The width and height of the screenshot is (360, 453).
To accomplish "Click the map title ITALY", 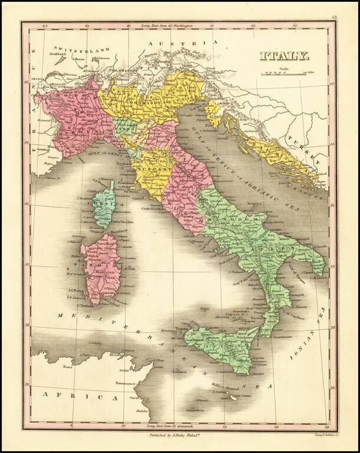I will point(286,57).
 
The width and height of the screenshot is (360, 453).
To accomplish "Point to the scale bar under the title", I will point(286,73).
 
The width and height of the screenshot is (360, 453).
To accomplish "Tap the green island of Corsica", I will point(105,203).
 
